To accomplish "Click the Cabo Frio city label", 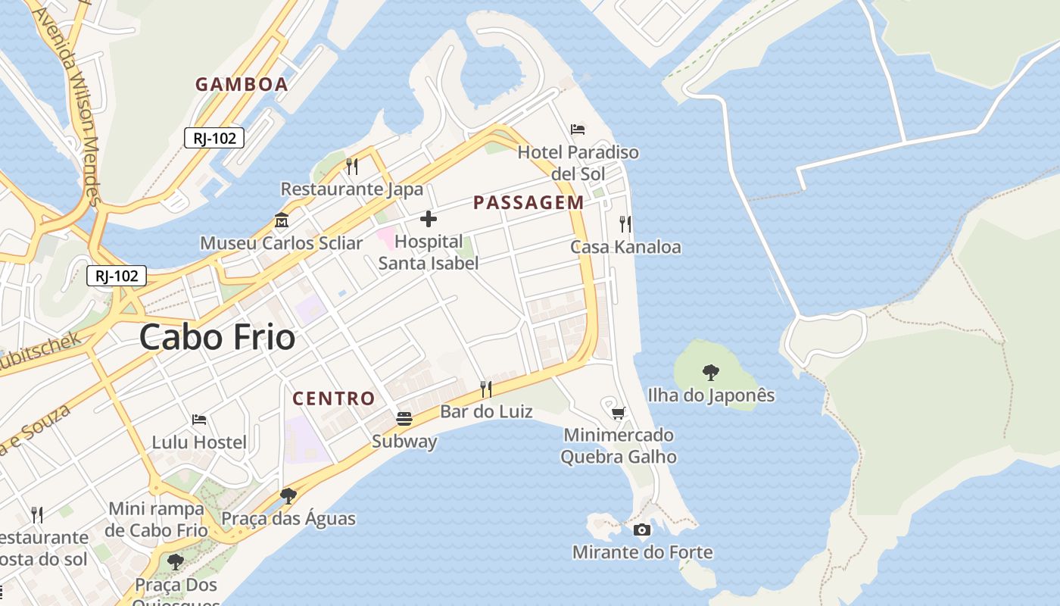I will point(217,337).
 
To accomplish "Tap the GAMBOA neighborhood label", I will point(242,84).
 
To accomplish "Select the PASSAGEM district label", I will point(528,202).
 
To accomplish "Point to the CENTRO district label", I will point(334,398).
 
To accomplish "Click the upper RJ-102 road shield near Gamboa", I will point(214,138).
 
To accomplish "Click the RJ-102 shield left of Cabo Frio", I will point(117,276).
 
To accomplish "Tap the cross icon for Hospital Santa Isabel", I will point(429,220).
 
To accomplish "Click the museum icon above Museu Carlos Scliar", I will point(282,220).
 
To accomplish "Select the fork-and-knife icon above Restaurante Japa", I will point(352,166).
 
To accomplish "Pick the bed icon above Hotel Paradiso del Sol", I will point(578,130).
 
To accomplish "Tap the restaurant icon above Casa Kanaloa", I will point(625,223).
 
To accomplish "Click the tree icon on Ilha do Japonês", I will point(710,372).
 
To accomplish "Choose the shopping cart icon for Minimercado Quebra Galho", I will point(619,413).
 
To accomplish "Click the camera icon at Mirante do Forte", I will point(642,529).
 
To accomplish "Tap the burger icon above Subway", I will point(404,419).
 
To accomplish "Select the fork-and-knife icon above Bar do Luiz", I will point(486,389).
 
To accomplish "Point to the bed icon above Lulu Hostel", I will point(199,419).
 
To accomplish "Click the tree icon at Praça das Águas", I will point(288,496).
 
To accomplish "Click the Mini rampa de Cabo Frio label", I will point(157,519).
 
